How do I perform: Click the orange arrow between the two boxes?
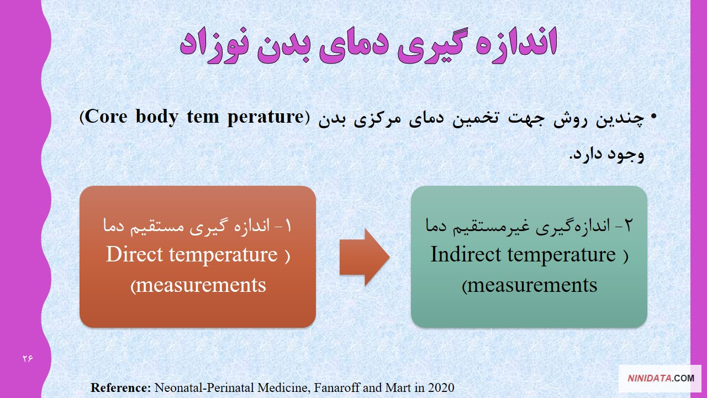click(365, 257)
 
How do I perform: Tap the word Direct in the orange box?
click(134, 254)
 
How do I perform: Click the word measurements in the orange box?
click(201, 285)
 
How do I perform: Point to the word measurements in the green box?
click(532, 285)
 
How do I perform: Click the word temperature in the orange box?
click(224, 255)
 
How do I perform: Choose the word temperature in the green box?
click(562, 255)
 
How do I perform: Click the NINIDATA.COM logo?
click(661, 378)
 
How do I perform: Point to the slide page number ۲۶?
click(28, 359)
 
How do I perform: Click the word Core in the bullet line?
click(106, 117)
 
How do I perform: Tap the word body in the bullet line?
click(157, 117)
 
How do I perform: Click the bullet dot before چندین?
click(653, 117)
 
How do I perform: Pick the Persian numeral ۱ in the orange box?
click(288, 227)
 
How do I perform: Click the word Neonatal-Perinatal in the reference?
click(204, 387)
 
